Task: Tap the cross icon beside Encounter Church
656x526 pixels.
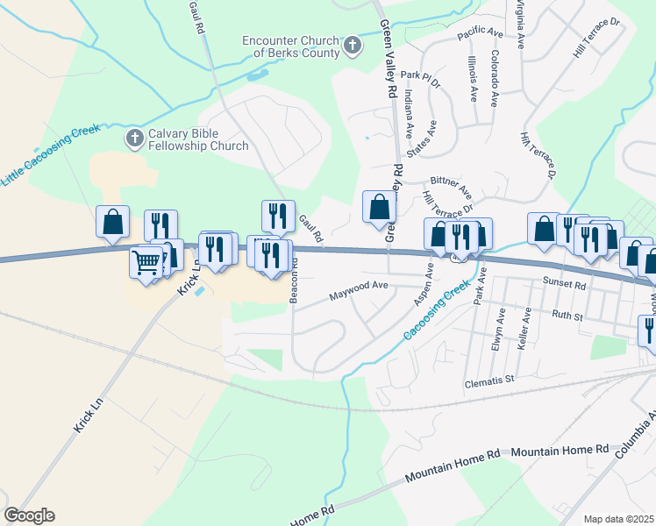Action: pos(352,46)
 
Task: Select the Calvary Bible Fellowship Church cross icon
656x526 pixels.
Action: pos(134,138)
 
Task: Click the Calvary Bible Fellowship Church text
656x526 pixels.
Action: pos(198,139)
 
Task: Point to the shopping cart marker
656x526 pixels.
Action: pos(146,260)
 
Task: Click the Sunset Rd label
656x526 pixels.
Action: pos(563,283)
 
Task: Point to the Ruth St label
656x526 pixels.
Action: pos(567,315)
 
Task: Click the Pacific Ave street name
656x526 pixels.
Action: pos(479,32)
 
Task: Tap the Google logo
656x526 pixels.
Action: pos(29,515)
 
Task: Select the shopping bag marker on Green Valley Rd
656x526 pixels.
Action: pos(379,209)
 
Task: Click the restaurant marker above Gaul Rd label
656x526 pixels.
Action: pos(278,215)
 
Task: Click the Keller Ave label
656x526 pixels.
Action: pos(525,329)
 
